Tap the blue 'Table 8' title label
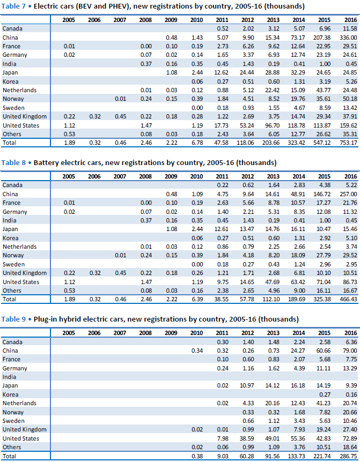(x=13, y=162)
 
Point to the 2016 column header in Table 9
(x=350, y=333)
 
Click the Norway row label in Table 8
(x=13, y=256)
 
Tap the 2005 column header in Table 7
(x=69, y=20)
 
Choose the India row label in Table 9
(x=9, y=377)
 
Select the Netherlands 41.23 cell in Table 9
(x=325, y=403)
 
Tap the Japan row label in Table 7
(x=10, y=72)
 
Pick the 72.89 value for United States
(x=350, y=438)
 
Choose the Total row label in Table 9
(x=10, y=456)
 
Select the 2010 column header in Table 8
(x=196, y=176)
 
